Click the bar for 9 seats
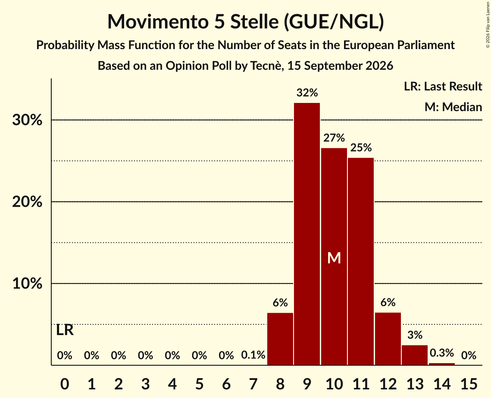[307, 234]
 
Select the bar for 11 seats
[361, 261]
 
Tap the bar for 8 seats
[280, 339]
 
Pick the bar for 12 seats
[388, 339]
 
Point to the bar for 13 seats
[415, 355]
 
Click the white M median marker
[334, 258]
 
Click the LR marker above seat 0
[65, 330]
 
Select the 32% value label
[307, 93]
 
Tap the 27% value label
[334, 138]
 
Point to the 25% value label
[361, 147]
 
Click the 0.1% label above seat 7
[253, 355]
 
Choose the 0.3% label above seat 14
[442, 353]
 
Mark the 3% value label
[415, 335]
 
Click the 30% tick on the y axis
[27, 120]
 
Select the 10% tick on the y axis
[27, 283]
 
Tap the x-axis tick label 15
[469, 384]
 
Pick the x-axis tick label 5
[200, 384]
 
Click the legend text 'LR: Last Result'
[443, 86]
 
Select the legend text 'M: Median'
[453, 107]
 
